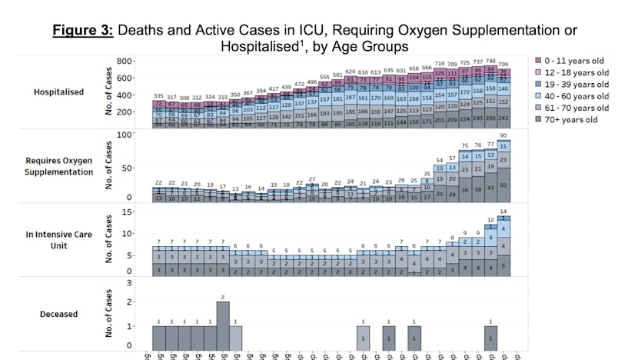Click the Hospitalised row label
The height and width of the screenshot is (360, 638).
[59, 92]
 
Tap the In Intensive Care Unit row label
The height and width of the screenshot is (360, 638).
[59, 241]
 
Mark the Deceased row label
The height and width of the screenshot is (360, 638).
[59, 313]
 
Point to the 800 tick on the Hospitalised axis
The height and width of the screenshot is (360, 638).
[127, 61]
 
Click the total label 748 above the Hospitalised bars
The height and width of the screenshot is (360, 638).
[490, 62]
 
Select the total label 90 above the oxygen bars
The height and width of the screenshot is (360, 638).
[503, 136]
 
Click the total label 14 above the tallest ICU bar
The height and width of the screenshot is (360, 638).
[503, 211]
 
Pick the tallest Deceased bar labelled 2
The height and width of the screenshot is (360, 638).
[223, 326]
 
